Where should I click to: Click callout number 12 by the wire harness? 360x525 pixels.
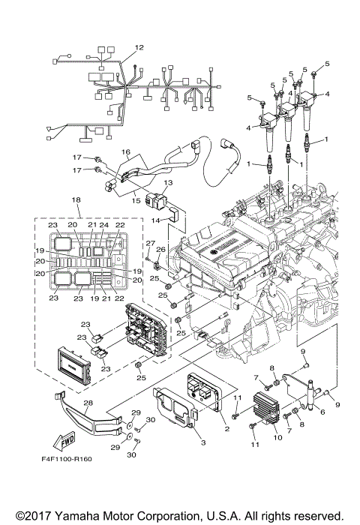point(139,48)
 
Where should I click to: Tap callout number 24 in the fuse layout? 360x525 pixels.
point(104,224)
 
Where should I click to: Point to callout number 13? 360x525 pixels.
point(168,182)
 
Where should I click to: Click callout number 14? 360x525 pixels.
point(155,220)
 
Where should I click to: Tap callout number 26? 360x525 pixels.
point(160,250)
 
